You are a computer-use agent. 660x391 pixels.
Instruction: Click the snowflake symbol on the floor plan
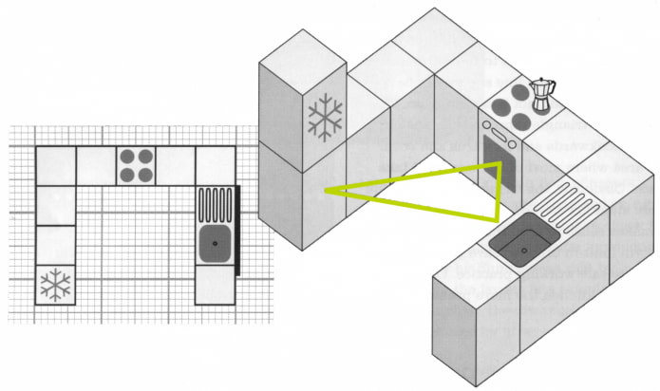click(x=56, y=284)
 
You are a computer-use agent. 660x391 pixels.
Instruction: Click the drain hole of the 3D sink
click(x=520, y=250)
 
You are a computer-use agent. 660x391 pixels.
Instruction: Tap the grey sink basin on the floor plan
click(x=214, y=241)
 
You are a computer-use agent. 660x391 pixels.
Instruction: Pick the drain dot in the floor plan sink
click(x=214, y=243)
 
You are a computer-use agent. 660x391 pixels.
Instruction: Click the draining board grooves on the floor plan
click(x=214, y=203)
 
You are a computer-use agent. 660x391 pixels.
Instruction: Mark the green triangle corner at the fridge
click(x=326, y=190)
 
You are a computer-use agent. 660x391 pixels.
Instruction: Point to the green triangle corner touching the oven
click(x=498, y=164)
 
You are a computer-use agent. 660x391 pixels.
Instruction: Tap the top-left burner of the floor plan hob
click(x=127, y=157)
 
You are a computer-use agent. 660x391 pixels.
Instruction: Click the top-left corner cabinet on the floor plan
click(x=56, y=165)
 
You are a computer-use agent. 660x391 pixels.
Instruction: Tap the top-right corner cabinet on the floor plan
click(x=215, y=165)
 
